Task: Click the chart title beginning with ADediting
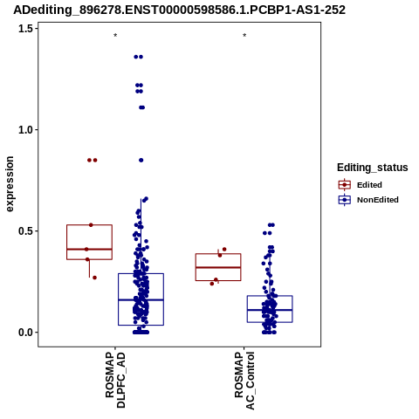179,10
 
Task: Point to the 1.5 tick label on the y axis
26,29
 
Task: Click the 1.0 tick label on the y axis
26,130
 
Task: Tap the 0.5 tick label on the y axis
26,231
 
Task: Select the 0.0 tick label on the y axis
26,333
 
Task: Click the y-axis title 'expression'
10,184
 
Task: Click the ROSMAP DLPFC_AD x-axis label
115,380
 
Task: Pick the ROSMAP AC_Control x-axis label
244,381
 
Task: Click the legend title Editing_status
373,168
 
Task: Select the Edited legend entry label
369,185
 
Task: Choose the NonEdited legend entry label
378,200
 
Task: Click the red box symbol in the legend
345,185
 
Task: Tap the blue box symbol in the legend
345,200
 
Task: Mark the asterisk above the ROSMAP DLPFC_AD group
115,36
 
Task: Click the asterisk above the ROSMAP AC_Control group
244,36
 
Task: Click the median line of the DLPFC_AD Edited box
90,250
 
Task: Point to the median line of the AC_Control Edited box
218,267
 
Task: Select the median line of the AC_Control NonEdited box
270,310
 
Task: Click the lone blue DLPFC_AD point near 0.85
141,161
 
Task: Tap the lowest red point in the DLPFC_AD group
94,278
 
